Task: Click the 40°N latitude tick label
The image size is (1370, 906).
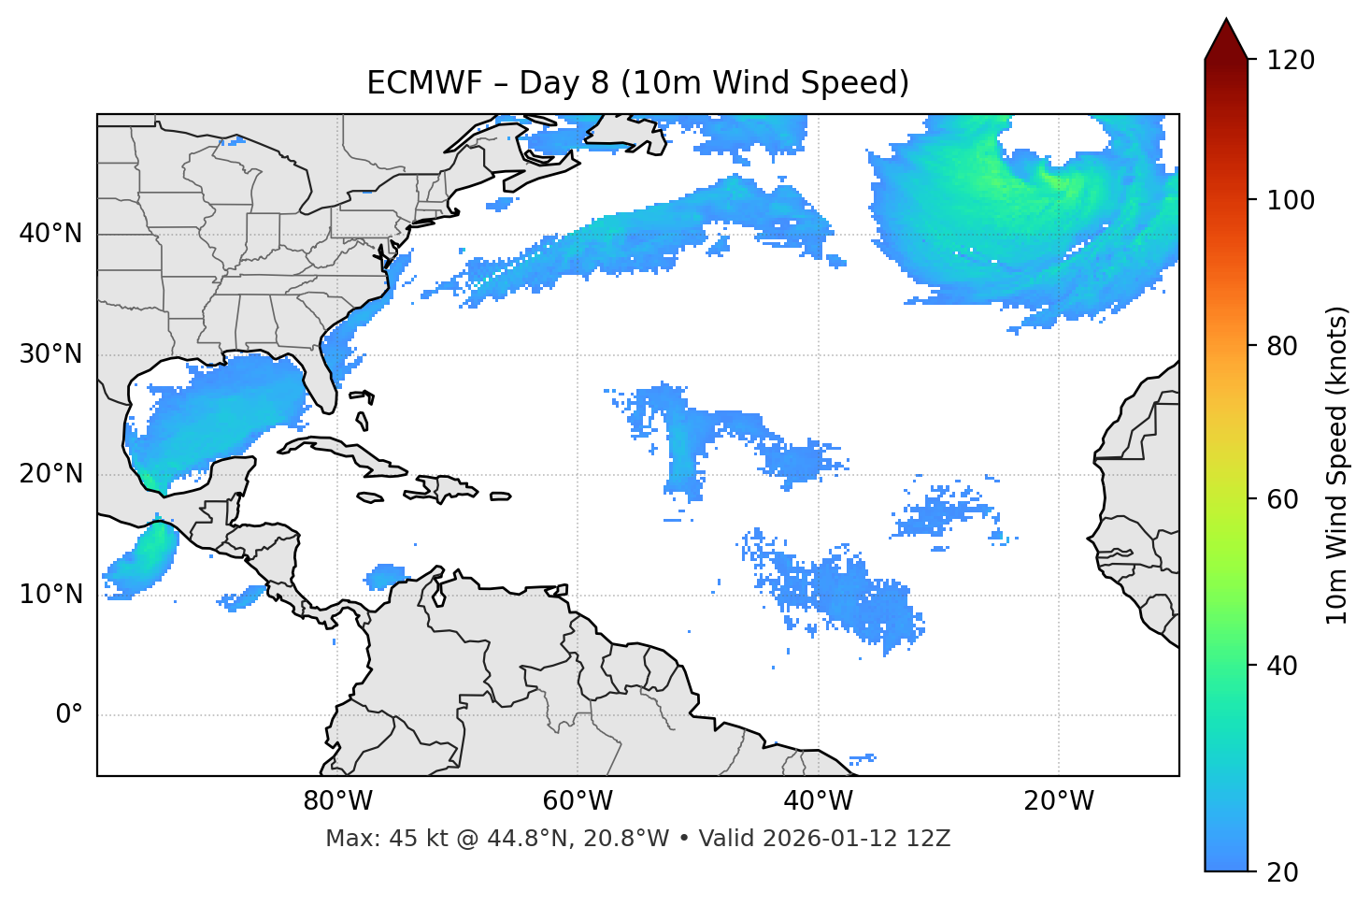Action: pyautogui.click(x=50, y=234)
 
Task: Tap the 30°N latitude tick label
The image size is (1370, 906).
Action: pyautogui.click(x=50, y=354)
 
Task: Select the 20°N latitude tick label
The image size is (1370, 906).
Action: pyautogui.click(x=50, y=474)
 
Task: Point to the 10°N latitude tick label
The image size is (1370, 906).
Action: pyautogui.click(x=50, y=595)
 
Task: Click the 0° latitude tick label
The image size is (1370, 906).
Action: pyautogui.click(x=69, y=715)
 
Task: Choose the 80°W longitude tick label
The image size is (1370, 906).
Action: pyautogui.click(x=337, y=801)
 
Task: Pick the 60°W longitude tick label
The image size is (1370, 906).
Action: pyautogui.click(x=578, y=801)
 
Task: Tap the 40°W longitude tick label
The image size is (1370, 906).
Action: pyautogui.click(x=818, y=801)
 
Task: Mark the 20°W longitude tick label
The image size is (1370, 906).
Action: pyautogui.click(x=1058, y=801)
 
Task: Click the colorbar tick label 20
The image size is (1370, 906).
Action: pyautogui.click(x=1282, y=872)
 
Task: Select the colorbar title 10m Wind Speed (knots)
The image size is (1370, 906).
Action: pyautogui.click(x=1337, y=465)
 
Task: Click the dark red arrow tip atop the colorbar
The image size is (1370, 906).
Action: pyautogui.click(x=1226, y=37)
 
